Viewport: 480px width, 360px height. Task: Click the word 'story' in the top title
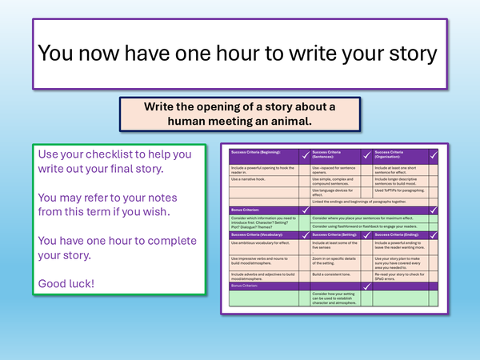pyautogui.click(x=408, y=53)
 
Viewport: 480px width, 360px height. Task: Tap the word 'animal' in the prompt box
pyautogui.click(x=284, y=121)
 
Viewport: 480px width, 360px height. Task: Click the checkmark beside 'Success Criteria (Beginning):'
pyautogui.click(x=304, y=155)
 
